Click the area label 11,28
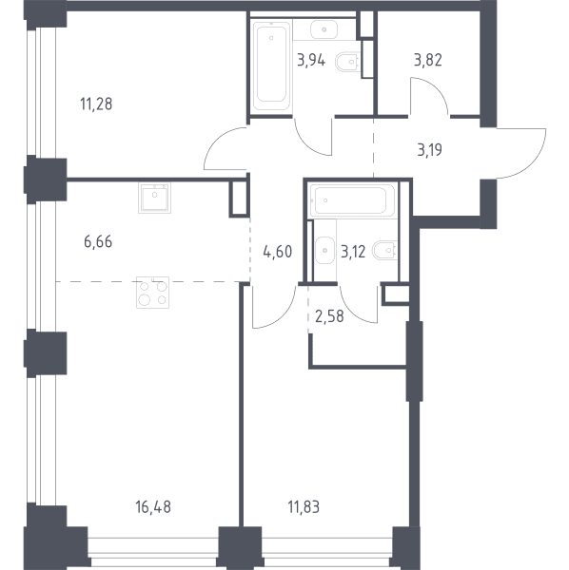point(96,104)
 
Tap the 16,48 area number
point(153,507)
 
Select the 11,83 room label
point(304,507)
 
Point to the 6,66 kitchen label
point(98,241)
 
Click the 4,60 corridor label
point(278,252)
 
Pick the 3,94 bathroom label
point(311,61)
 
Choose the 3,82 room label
point(428,61)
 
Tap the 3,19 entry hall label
point(429,150)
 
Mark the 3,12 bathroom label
point(353,252)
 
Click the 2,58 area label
point(329,316)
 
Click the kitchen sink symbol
point(155,198)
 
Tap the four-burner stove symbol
point(153,293)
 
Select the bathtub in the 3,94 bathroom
point(271,66)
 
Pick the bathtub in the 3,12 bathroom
point(352,200)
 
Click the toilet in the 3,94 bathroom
point(348,62)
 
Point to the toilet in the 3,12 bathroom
point(384,250)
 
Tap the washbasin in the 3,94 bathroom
point(324,29)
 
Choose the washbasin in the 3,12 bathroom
point(324,250)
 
